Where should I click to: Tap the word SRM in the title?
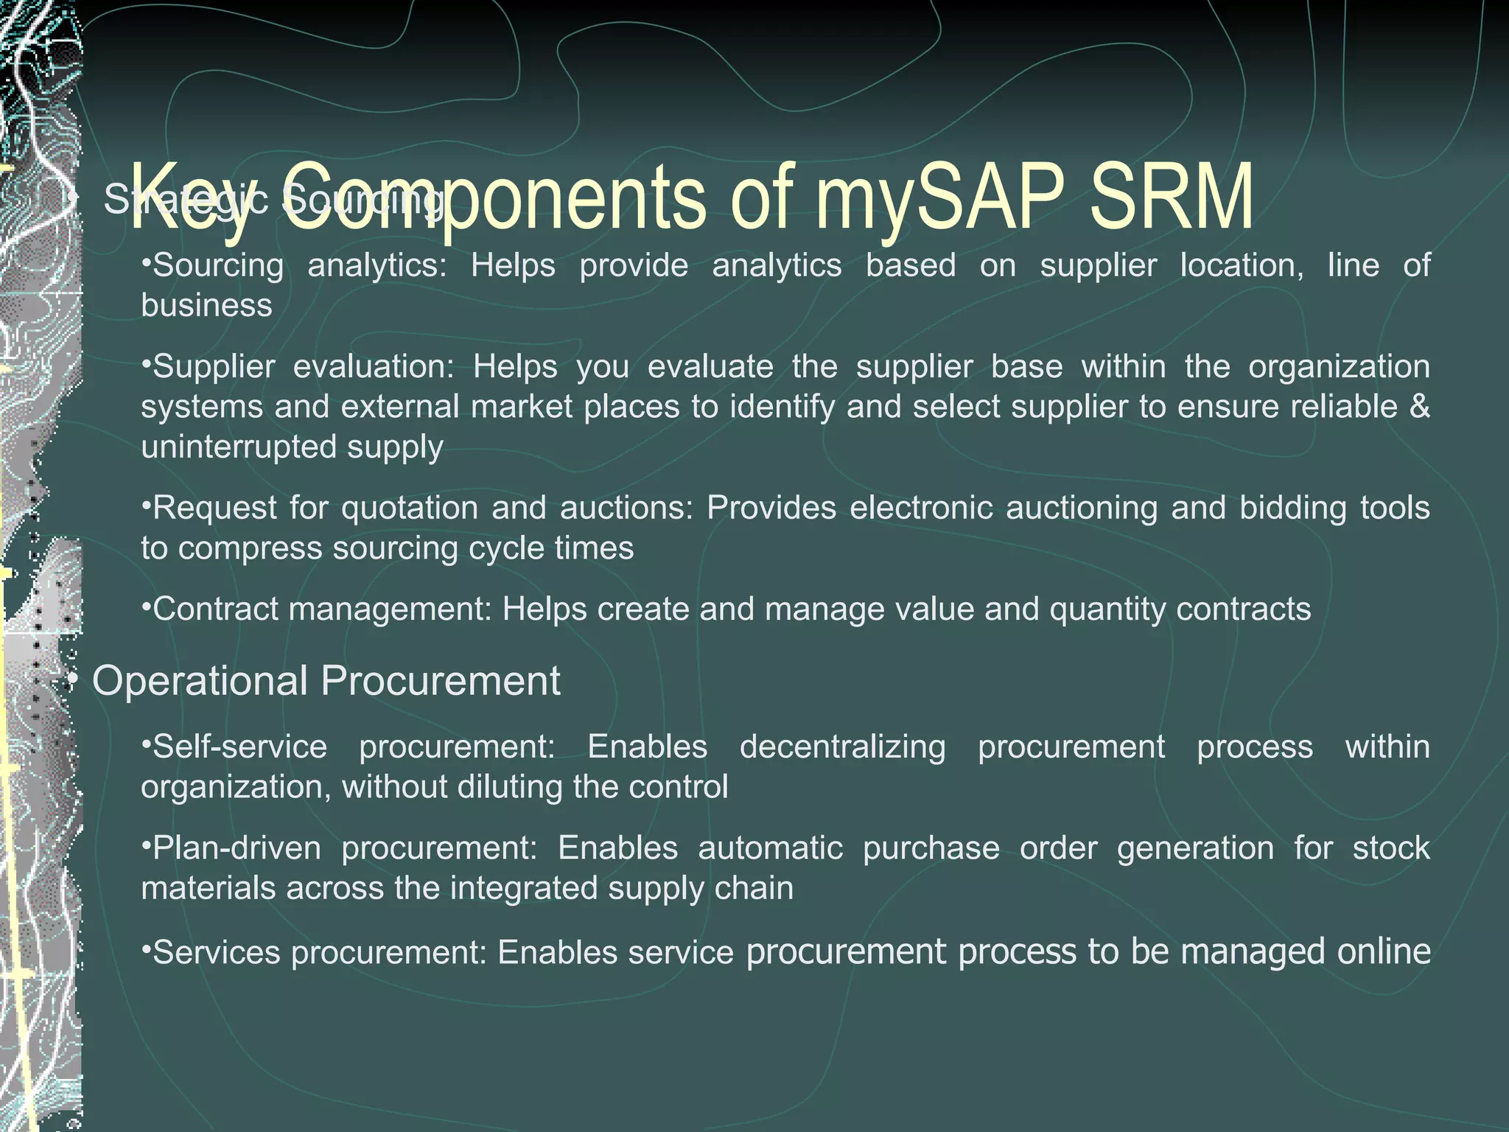click(1172, 198)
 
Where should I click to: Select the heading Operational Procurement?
click(326, 680)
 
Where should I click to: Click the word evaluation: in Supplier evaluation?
click(374, 366)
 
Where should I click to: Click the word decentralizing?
click(842, 747)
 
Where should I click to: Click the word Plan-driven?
click(236, 848)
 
